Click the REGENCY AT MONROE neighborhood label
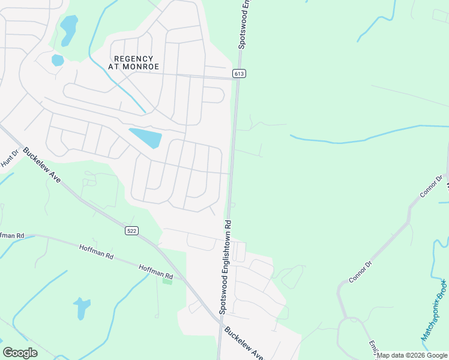[137, 62]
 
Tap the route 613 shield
[240, 73]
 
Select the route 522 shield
[132, 230]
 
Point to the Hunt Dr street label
[10, 158]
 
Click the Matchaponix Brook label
[433, 310]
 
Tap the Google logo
[20, 353]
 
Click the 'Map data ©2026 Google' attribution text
[412, 355]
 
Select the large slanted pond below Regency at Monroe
[145, 137]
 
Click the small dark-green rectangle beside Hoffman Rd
[167, 281]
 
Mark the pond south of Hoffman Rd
[82, 308]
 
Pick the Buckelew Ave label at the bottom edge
[243, 344]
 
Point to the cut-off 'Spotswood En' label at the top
[244, 24]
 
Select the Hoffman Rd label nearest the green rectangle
[155, 272]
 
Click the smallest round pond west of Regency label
[58, 60]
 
